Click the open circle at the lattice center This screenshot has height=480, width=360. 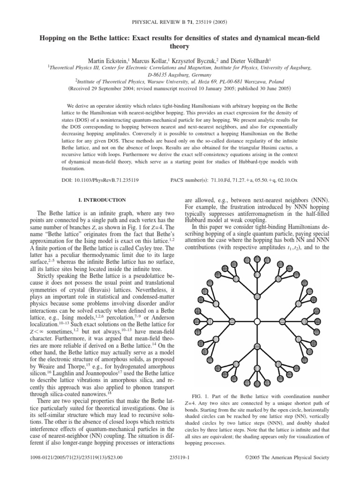(256, 321)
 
